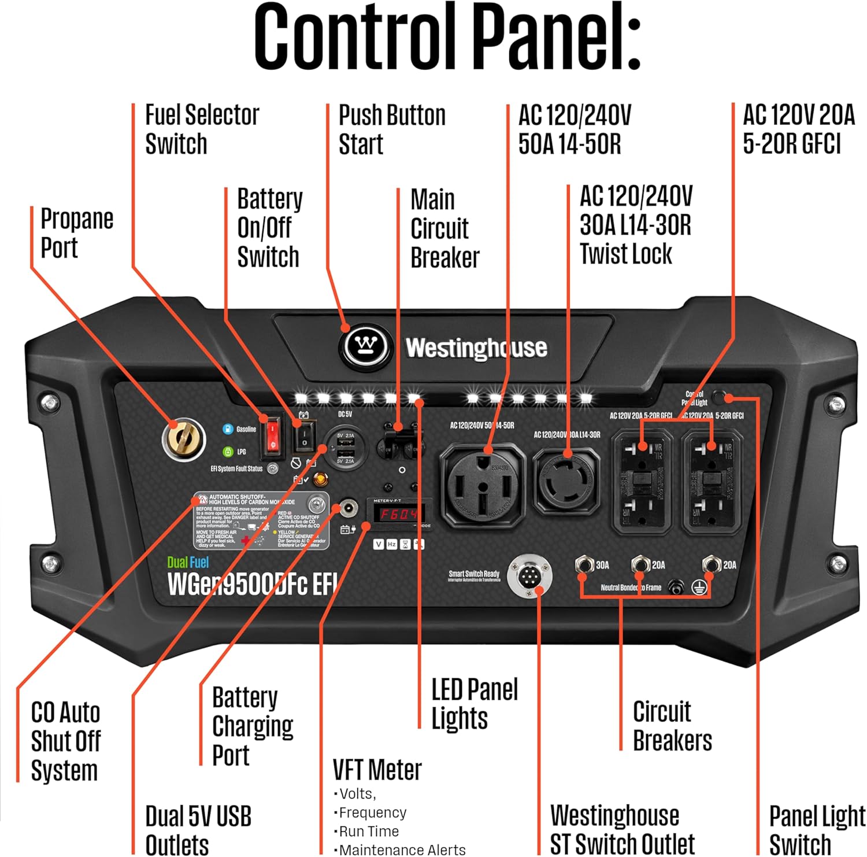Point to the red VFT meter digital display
click(399, 514)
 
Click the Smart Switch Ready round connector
click(529, 576)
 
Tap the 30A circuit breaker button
click(585, 564)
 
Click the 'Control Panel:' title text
click(447, 38)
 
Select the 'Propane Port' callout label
click(76, 234)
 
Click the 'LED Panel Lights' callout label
click(474, 704)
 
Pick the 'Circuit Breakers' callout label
click(672, 726)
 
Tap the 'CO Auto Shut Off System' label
click(65, 741)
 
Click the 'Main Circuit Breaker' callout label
click(444, 229)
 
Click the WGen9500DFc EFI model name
click(252, 584)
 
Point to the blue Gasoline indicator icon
click(228, 429)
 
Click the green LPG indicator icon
click(228, 452)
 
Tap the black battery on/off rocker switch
click(305, 436)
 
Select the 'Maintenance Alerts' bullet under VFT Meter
click(402, 849)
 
